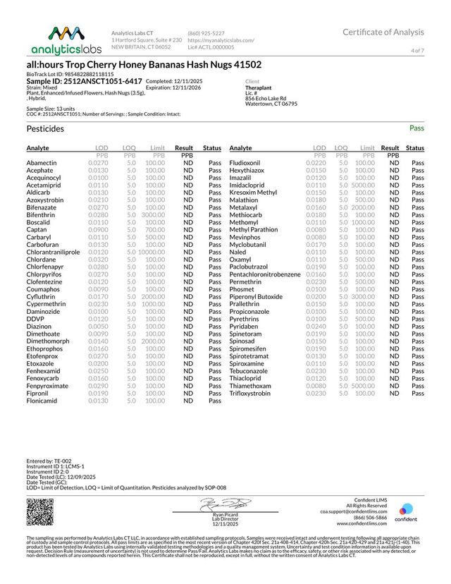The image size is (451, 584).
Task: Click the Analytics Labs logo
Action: (66, 40)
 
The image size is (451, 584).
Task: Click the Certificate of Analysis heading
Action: (383, 32)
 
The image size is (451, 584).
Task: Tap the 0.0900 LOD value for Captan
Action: (98, 229)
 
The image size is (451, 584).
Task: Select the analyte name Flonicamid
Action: (43, 401)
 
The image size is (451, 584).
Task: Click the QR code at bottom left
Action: (40, 512)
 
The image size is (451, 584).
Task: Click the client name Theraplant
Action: (261, 88)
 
